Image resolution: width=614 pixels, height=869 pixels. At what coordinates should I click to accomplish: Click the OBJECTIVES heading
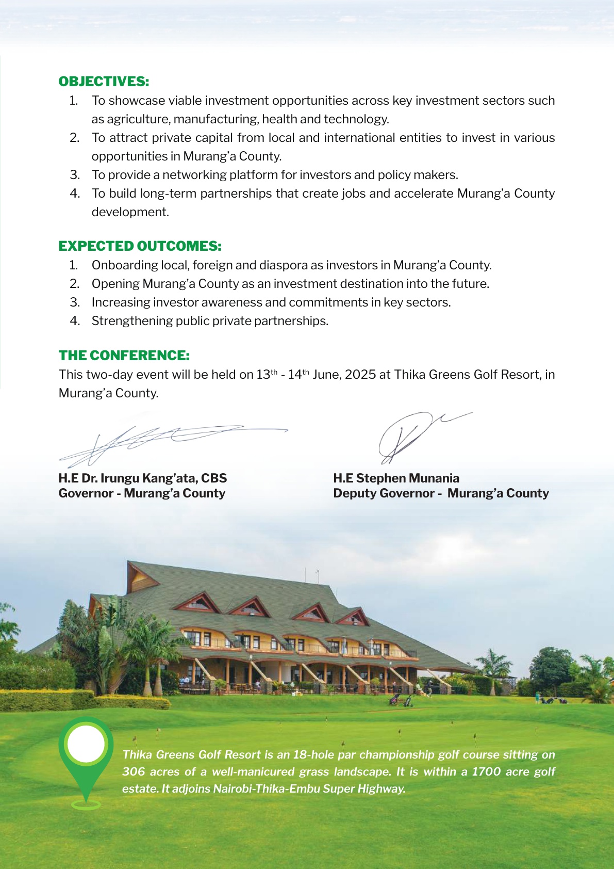click(104, 82)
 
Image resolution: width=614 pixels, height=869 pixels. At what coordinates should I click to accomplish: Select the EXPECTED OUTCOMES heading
click(140, 246)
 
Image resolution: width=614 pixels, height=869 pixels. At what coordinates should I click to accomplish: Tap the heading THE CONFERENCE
click(124, 356)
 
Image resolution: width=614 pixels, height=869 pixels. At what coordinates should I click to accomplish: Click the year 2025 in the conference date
click(360, 375)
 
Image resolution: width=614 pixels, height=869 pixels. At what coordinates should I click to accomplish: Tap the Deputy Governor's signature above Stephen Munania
click(407, 436)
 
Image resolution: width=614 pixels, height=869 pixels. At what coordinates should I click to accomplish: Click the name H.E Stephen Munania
click(396, 478)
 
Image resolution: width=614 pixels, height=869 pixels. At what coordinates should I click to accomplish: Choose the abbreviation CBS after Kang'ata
click(214, 478)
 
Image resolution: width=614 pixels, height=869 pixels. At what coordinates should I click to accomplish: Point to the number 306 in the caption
click(134, 771)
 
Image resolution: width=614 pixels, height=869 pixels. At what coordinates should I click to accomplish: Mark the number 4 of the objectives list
click(75, 194)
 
